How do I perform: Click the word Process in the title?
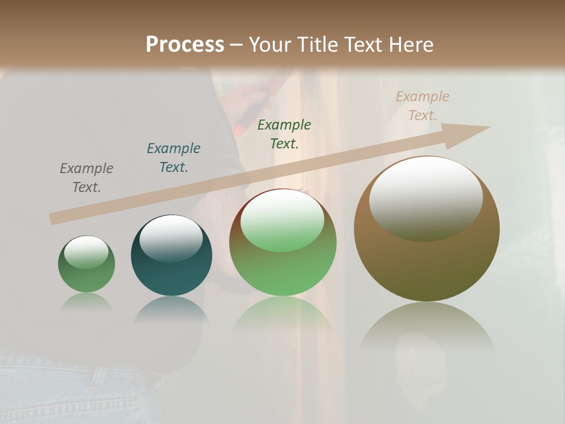pos(185,45)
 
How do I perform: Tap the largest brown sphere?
pos(427,265)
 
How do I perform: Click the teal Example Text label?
pos(174,158)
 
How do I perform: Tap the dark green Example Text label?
pos(284,134)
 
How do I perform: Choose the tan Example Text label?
pos(423,106)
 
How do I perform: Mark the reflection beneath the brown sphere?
pos(427,330)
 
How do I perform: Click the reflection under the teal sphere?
pos(171,309)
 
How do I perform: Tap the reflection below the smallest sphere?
pos(87,302)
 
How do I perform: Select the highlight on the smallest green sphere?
pos(87,252)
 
